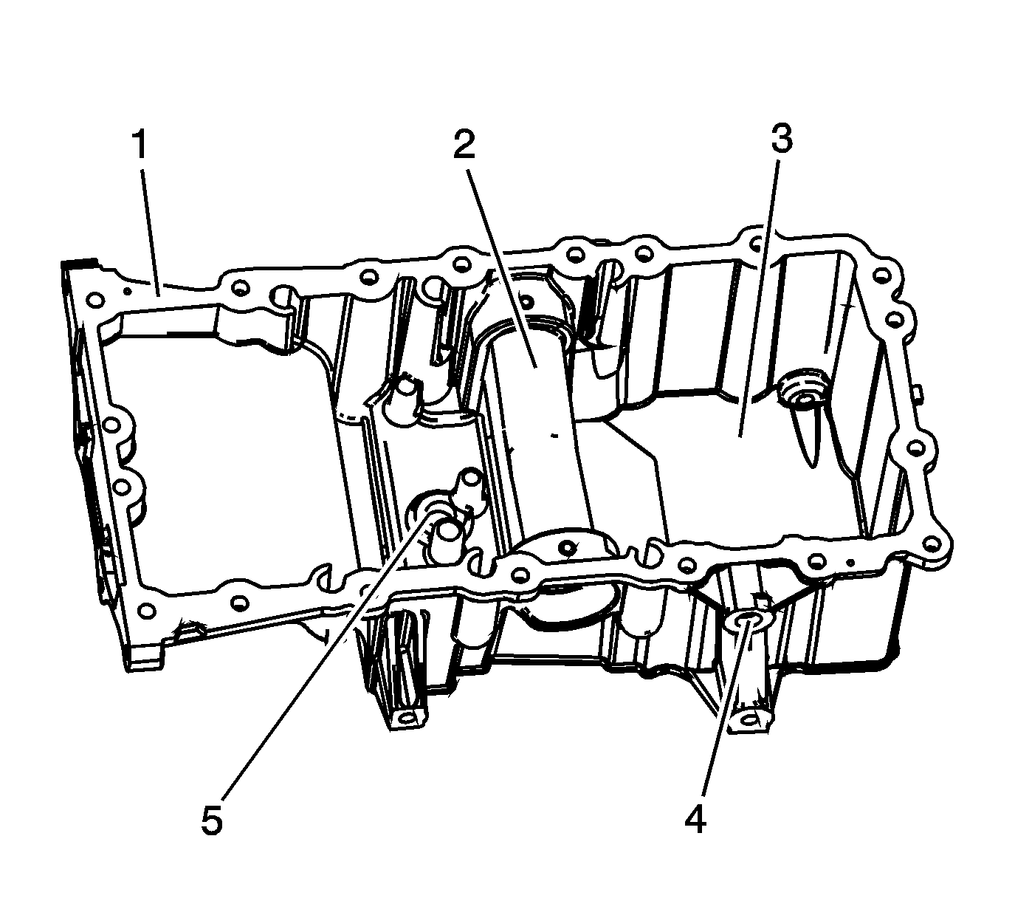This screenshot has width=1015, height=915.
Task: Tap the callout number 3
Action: (x=781, y=139)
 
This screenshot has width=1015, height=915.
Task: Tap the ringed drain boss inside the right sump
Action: (x=803, y=392)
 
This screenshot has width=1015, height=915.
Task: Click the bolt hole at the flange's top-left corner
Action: (x=94, y=300)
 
